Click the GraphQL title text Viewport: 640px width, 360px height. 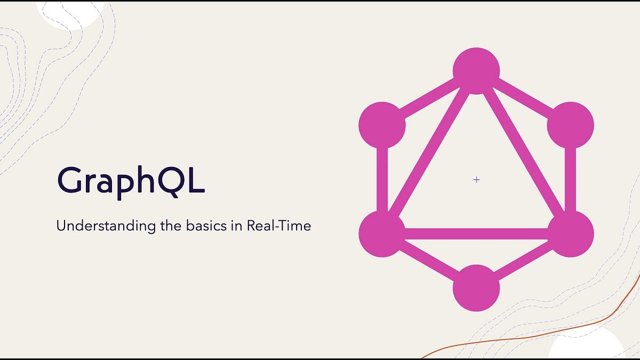tap(131, 182)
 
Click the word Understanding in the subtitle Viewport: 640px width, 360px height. tap(106, 226)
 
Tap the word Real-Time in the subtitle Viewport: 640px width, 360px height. tap(279, 226)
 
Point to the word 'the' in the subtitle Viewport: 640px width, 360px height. tap(171, 226)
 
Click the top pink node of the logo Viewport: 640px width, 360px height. tap(476, 71)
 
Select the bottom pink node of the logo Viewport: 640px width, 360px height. tap(476, 288)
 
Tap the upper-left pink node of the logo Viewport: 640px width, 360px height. tap(382, 125)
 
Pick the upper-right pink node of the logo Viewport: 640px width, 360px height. tap(571, 125)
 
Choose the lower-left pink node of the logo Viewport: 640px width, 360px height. tap(382, 234)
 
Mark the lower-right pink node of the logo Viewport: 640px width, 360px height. tap(571, 234)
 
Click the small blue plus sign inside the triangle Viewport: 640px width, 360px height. tap(476, 180)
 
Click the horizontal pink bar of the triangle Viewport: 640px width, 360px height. tap(476, 234)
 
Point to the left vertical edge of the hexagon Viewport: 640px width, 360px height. tap(382, 179)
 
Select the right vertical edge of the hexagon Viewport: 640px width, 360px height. tap(571, 179)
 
